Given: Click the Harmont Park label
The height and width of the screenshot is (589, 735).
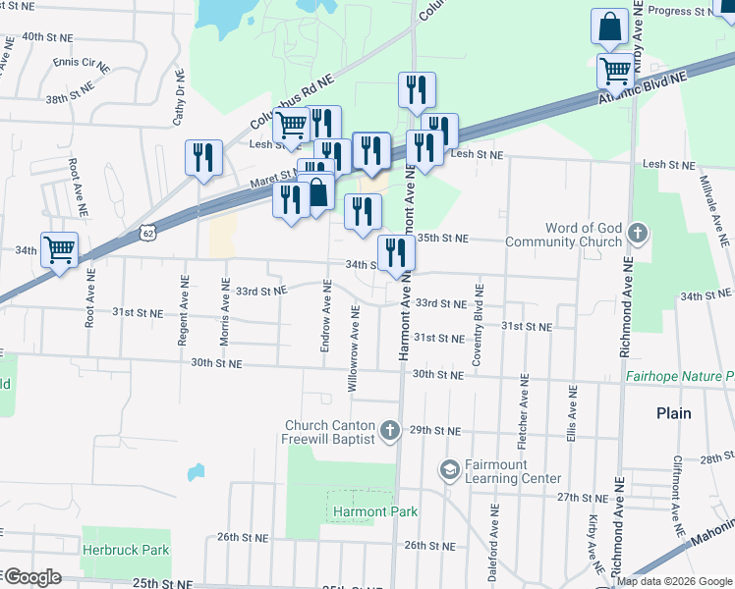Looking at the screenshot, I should point(374,511).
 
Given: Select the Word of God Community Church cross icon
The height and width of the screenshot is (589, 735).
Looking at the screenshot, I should point(639,234).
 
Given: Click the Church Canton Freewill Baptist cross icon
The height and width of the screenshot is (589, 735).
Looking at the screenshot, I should point(390,430).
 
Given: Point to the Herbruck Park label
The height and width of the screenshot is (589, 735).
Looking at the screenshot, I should point(126,551).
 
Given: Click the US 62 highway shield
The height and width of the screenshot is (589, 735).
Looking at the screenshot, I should point(147,233).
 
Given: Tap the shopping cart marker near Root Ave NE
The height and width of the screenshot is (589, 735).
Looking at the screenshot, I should point(59,249).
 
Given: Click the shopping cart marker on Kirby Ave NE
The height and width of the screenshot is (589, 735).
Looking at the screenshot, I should point(615,70).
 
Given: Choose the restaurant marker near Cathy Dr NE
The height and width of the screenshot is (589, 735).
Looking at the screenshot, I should point(203,157).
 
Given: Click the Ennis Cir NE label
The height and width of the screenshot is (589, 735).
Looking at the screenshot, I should point(81,63).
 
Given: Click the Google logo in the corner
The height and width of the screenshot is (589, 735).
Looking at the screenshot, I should point(31,576).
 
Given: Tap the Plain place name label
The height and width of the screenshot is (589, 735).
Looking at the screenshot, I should point(674,413).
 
